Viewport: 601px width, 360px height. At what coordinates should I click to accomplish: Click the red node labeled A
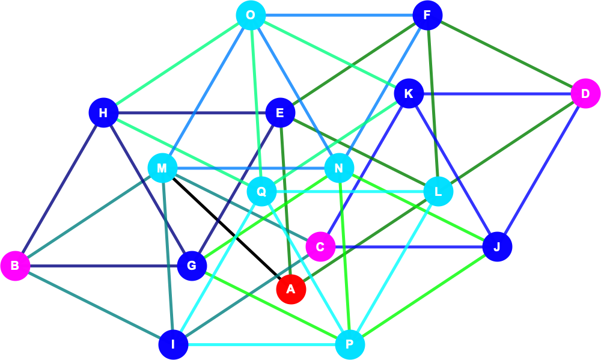(291, 289)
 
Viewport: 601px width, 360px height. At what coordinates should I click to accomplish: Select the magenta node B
(15, 266)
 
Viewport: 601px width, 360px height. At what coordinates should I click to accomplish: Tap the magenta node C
(320, 246)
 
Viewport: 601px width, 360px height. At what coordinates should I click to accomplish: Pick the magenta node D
(585, 94)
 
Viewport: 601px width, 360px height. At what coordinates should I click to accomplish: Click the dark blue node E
(280, 113)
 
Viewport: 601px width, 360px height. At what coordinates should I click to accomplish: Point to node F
(427, 16)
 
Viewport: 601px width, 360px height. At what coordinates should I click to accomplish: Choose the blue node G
(192, 266)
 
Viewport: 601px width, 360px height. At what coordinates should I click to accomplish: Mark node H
(103, 113)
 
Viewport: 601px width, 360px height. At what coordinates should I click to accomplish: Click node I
(173, 344)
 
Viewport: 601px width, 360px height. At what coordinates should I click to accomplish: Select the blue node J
(497, 246)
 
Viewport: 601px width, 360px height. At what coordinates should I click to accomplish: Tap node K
(409, 94)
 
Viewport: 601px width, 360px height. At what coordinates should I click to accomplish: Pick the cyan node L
(438, 191)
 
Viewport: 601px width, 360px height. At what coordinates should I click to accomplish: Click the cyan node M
(162, 168)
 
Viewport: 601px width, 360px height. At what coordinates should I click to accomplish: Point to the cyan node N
(339, 168)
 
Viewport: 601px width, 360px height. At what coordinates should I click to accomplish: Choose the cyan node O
(251, 16)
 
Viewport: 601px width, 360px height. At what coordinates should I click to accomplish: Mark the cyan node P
(350, 344)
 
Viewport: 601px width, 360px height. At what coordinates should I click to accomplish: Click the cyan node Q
(261, 191)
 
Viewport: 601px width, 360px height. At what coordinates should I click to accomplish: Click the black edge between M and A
(227, 228)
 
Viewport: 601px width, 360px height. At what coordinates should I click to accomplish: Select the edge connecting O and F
(339, 16)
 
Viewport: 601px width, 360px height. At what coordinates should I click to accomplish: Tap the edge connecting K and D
(497, 94)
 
